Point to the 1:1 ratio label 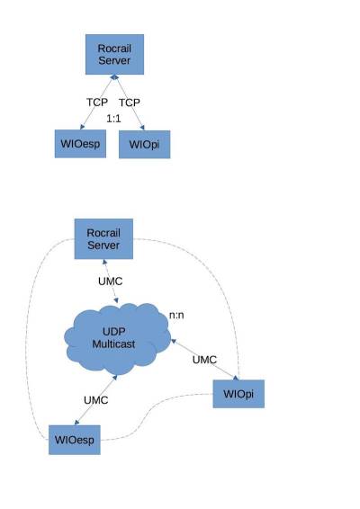(x=114, y=118)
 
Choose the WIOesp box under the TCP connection (x=78, y=144)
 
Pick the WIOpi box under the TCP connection (x=144, y=144)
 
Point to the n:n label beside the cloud (x=177, y=315)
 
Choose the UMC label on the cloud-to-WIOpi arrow (x=205, y=360)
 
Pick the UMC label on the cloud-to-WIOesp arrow (x=96, y=398)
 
